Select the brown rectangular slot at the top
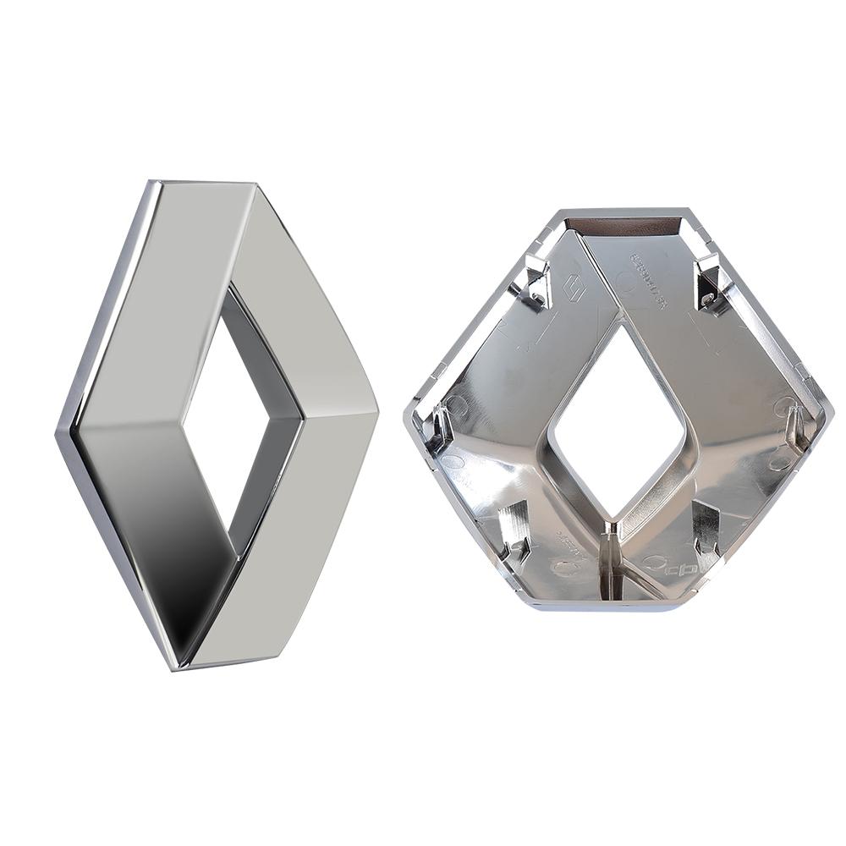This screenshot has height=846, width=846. point(623,226)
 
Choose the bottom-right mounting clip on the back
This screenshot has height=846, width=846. point(706,529)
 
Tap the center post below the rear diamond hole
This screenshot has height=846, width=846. point(615,558)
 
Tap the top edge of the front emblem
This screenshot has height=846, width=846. point(203,182)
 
